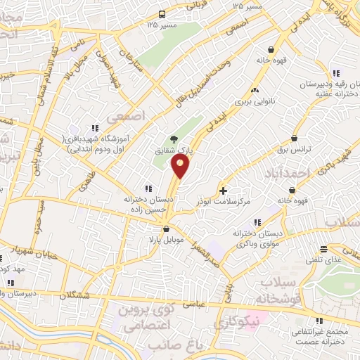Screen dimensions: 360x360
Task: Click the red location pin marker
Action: click(x=181, y=167)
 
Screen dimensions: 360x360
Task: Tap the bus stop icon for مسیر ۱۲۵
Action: click(x=162, y=14)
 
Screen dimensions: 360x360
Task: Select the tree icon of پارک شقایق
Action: click(x=174, y=139)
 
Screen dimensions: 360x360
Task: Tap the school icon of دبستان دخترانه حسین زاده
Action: click(x=148, y=188)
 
